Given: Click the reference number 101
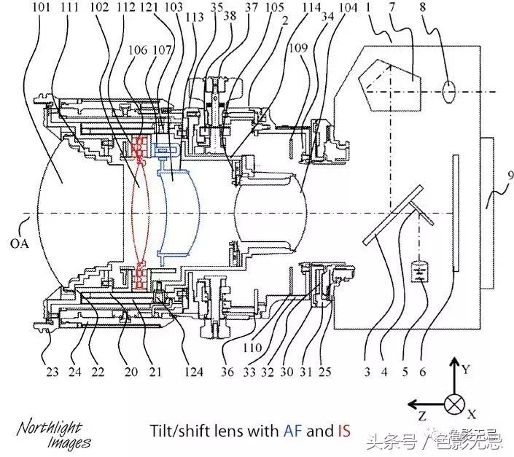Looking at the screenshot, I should [x=42, y=9].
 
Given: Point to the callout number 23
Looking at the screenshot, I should [x=52, y=371].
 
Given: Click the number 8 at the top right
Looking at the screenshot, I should [x=443, y=9].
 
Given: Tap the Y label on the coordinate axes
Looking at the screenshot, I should [x=466, y=370].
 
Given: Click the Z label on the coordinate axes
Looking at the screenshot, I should [x=421, y=417].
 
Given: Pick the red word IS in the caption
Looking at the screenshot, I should [x=343, y=431].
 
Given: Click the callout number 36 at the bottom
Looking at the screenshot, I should [x=228, y=371].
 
